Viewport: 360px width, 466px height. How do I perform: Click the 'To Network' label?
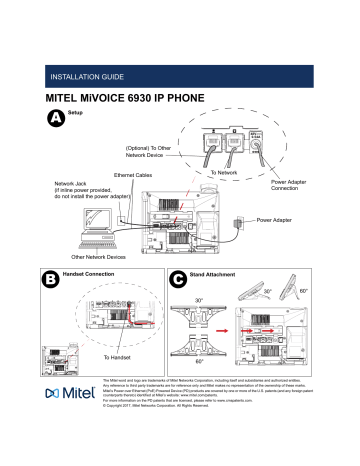(x=223, y=173)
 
